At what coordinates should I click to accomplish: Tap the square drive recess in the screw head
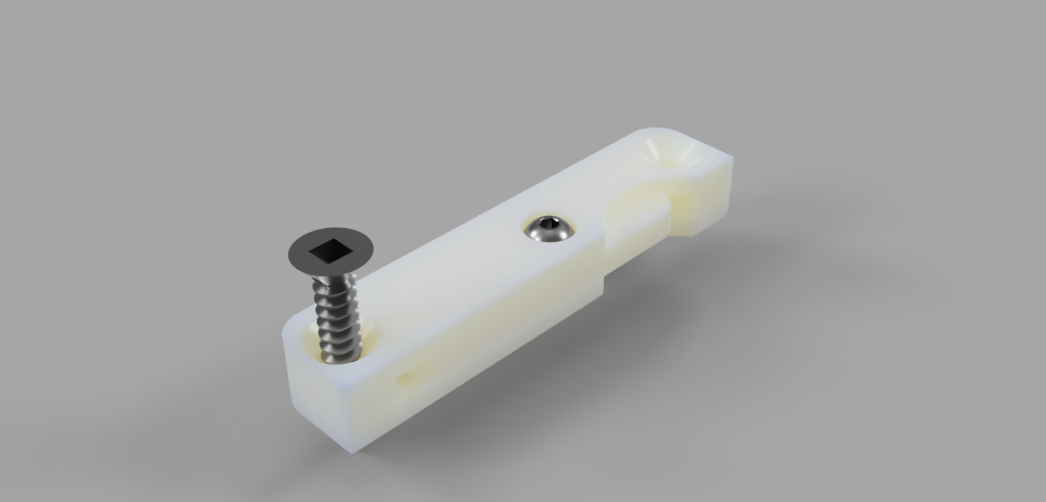pos(331,252)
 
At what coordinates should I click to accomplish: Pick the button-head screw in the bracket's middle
pos(548,228)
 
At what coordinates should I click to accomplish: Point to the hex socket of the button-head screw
pos(549,223)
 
